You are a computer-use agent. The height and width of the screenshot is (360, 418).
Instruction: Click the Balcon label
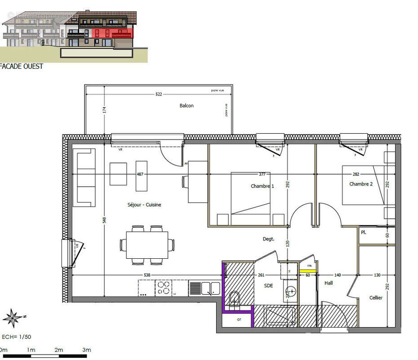click(x=187, y=106)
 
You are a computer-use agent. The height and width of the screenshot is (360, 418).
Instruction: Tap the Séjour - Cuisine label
click(x=144, y=205)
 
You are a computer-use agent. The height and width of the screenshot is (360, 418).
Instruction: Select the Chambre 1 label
click(x=262, y=186)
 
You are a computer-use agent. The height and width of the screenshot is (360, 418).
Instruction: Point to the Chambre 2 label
click(x=361, y=184)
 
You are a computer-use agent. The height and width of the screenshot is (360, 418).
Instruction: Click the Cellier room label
click(x=376, y=297)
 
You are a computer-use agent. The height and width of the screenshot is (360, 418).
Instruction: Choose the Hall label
click(x=329, y=283)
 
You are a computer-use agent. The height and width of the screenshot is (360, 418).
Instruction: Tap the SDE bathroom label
click(x=268, y=286)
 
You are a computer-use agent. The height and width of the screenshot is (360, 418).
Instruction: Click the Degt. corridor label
click(x=268, y=239)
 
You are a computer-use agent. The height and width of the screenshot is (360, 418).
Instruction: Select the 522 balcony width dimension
click(x=159, y=94)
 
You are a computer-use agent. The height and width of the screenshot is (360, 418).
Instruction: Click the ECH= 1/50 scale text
click(x=17, y=337)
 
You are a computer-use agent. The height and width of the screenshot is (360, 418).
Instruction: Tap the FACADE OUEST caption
click(x=22, y=67)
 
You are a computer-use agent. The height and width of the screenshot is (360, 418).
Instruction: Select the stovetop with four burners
click(x=164, y=288)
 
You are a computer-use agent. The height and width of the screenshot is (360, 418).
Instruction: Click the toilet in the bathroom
click(x=234, y=299)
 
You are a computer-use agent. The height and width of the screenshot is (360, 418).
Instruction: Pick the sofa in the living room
click(x=85, y=177)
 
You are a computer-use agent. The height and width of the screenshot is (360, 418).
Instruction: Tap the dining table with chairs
click(x=147, y=245)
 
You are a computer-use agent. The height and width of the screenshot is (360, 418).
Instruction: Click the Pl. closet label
click(x=363, y=233)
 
